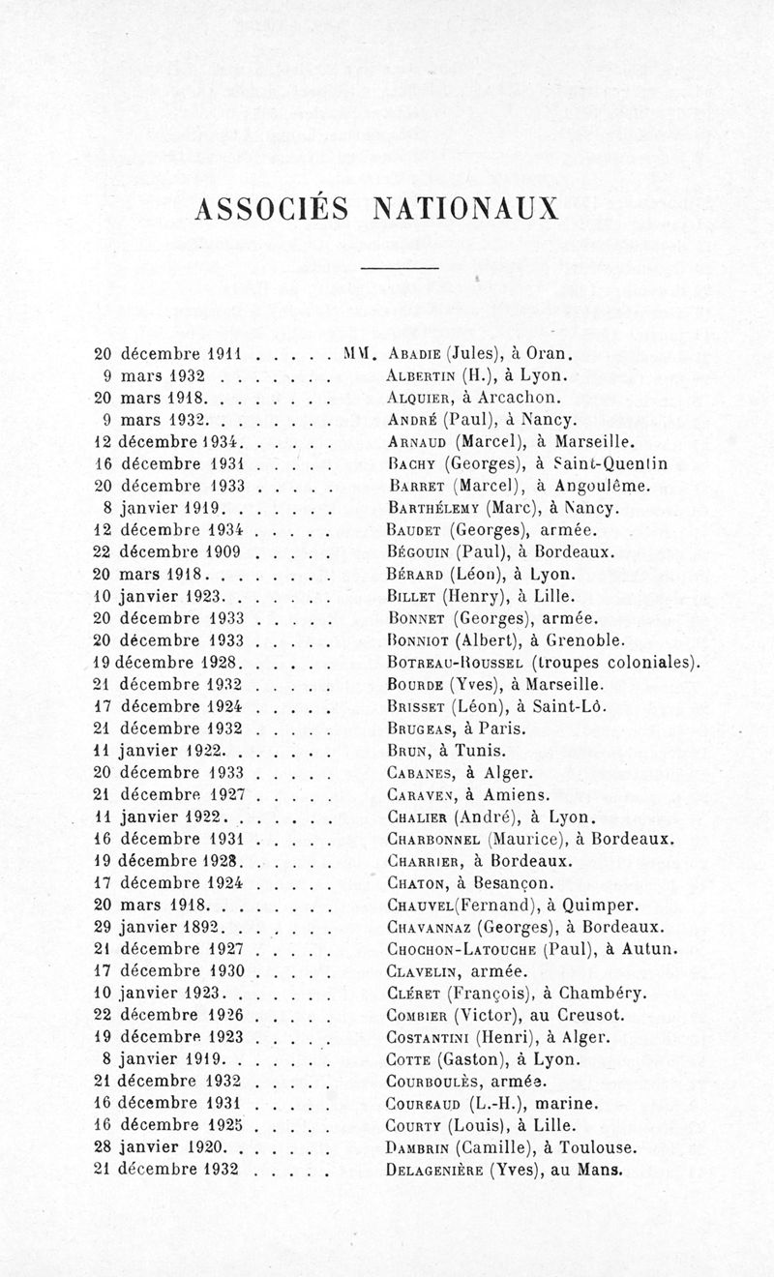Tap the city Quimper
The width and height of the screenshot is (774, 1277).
pyautogui.click(x=598, y=906)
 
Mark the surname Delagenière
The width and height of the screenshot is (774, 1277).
pyautogui.click(x=433, y=1170)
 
